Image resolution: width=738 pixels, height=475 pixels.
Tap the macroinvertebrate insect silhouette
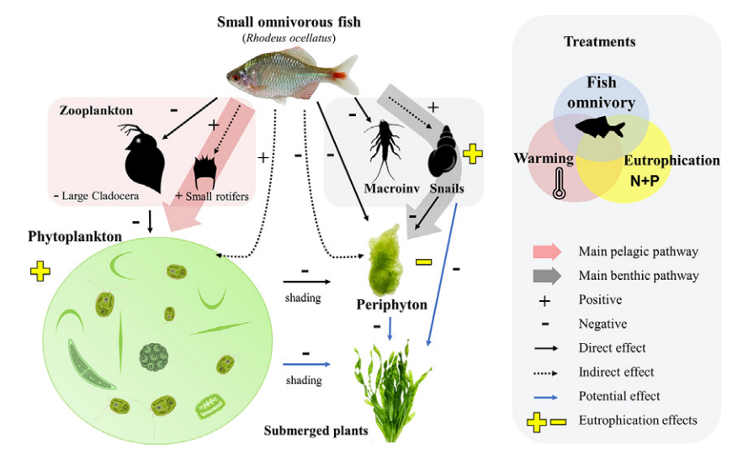point(385,150)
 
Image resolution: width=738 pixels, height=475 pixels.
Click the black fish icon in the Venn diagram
point(600,128)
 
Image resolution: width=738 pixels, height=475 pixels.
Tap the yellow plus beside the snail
point(473,154)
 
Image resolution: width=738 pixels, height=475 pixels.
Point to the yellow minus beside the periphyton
point(424,262)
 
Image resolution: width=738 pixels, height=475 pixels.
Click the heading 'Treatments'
point(599,41)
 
